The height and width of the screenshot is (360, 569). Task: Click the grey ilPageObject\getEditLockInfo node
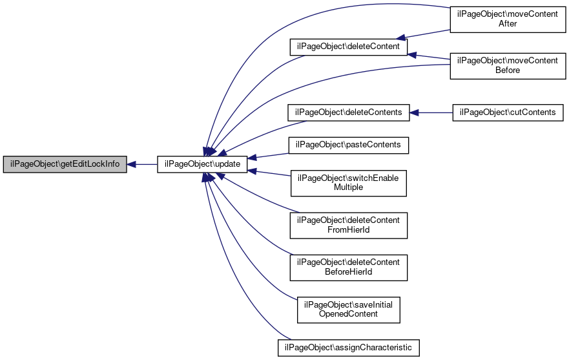click(65, 164)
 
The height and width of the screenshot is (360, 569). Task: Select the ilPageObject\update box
click(202, 164)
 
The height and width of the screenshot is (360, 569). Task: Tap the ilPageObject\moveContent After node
click(508, 19)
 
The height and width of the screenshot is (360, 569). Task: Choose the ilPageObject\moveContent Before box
click(508, 66)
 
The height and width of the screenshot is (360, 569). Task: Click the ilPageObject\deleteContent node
click(348, 47)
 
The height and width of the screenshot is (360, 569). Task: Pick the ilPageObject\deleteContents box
click(348, 112)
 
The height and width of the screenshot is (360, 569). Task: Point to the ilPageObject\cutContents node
click(508, 112)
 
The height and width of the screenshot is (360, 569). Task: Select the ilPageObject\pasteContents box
click(348, 145)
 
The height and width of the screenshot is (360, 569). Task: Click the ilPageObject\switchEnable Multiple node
click(348, 183)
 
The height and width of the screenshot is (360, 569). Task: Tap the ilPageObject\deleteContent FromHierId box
click(348, 226)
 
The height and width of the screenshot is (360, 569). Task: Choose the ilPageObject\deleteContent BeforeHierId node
click(348, 268)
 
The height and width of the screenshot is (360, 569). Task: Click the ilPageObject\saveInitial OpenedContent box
click(348, 310)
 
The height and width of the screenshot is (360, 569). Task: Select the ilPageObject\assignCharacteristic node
click(348, 348)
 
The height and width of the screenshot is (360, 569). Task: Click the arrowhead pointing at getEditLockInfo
click(131, 165)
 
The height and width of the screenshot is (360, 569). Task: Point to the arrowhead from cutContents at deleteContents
click(414, 113)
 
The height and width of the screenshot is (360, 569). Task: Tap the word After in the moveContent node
click(508, 24)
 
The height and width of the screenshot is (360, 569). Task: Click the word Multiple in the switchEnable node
click(348, 187)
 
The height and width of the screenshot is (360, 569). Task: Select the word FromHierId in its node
click(348, 230)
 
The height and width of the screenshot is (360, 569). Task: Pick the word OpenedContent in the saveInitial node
click(348, 314)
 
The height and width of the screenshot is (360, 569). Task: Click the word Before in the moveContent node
click(508, 70)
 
